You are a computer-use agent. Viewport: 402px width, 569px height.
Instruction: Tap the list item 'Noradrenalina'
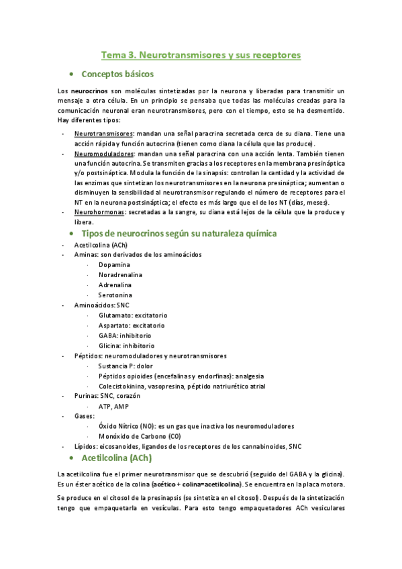coord(121,275)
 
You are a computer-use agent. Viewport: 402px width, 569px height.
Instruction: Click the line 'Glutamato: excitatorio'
coord(133,315)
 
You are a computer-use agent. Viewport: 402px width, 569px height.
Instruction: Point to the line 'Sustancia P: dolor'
coord(125,366)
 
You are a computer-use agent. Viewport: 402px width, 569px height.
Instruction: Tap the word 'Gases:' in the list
coord(85,416)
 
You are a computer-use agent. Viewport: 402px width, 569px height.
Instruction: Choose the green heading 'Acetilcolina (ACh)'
coord(116,458)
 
